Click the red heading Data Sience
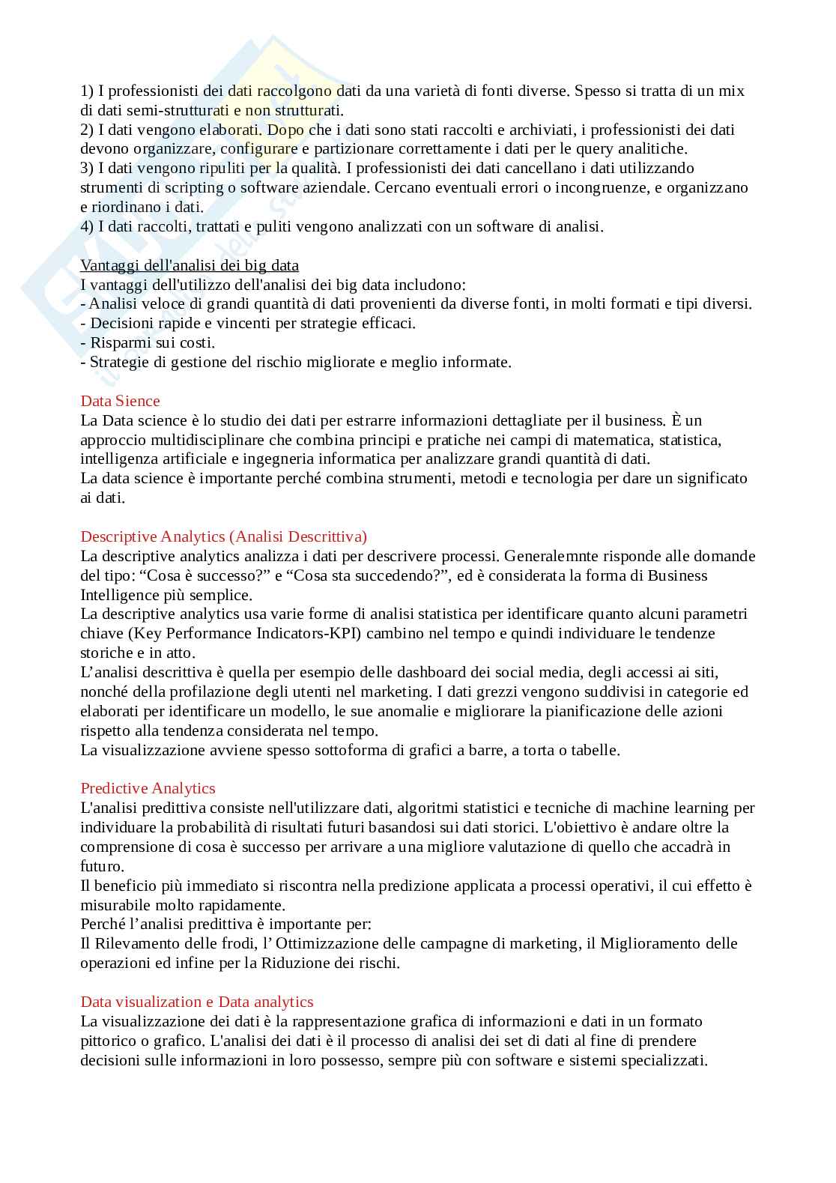click(x=120, y=401)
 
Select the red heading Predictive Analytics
click(x=148, y=788)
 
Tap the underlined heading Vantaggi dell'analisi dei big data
click(x=190, y=265)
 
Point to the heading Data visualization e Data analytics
click(x=197, y=1002)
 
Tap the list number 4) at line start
click(x=87, y=226)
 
